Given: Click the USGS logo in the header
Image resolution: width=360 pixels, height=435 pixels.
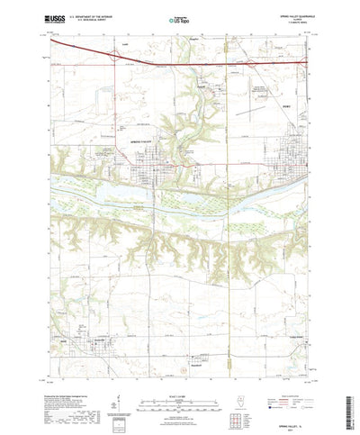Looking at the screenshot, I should click(65, 18).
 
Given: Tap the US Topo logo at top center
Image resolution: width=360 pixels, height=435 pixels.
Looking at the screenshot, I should click(179, 18).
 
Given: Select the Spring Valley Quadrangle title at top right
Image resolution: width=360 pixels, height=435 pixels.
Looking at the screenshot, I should click(289, 14).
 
